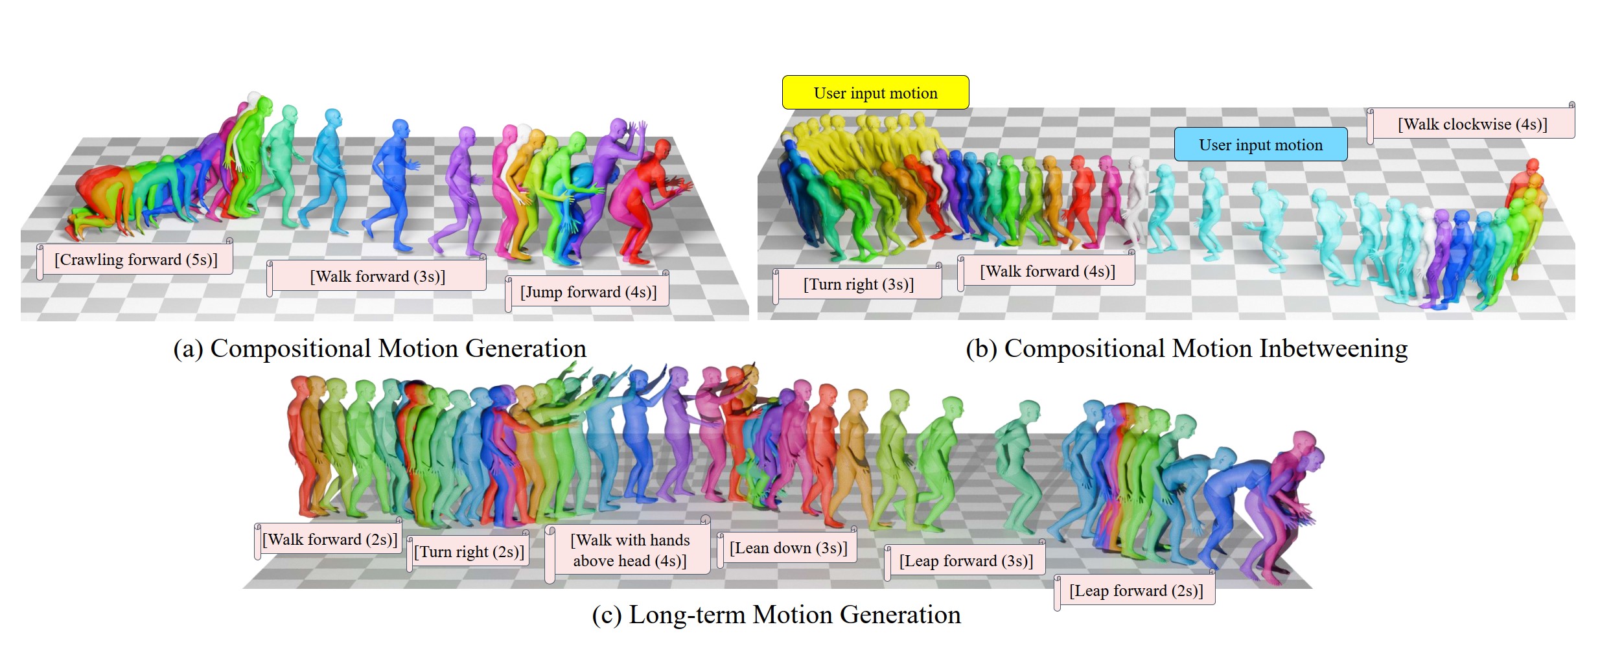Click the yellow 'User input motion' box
pos(875,93)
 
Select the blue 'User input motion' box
pos(1260,144)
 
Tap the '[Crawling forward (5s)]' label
pos(135,260)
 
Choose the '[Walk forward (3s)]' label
pos(377,277)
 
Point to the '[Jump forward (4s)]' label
pos(588,292)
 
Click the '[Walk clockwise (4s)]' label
pos(1472,124)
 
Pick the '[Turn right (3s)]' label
pos(858,284)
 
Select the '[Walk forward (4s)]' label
pos(1047,271)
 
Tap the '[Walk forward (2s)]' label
pos(329,540)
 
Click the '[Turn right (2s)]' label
pos(469,552)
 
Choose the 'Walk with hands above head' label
pos(629,551)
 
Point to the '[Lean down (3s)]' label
pos(788,548)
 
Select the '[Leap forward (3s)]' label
pos(966,561)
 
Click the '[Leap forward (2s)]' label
pos(1135,591)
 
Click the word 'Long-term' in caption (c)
pos(686,615)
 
